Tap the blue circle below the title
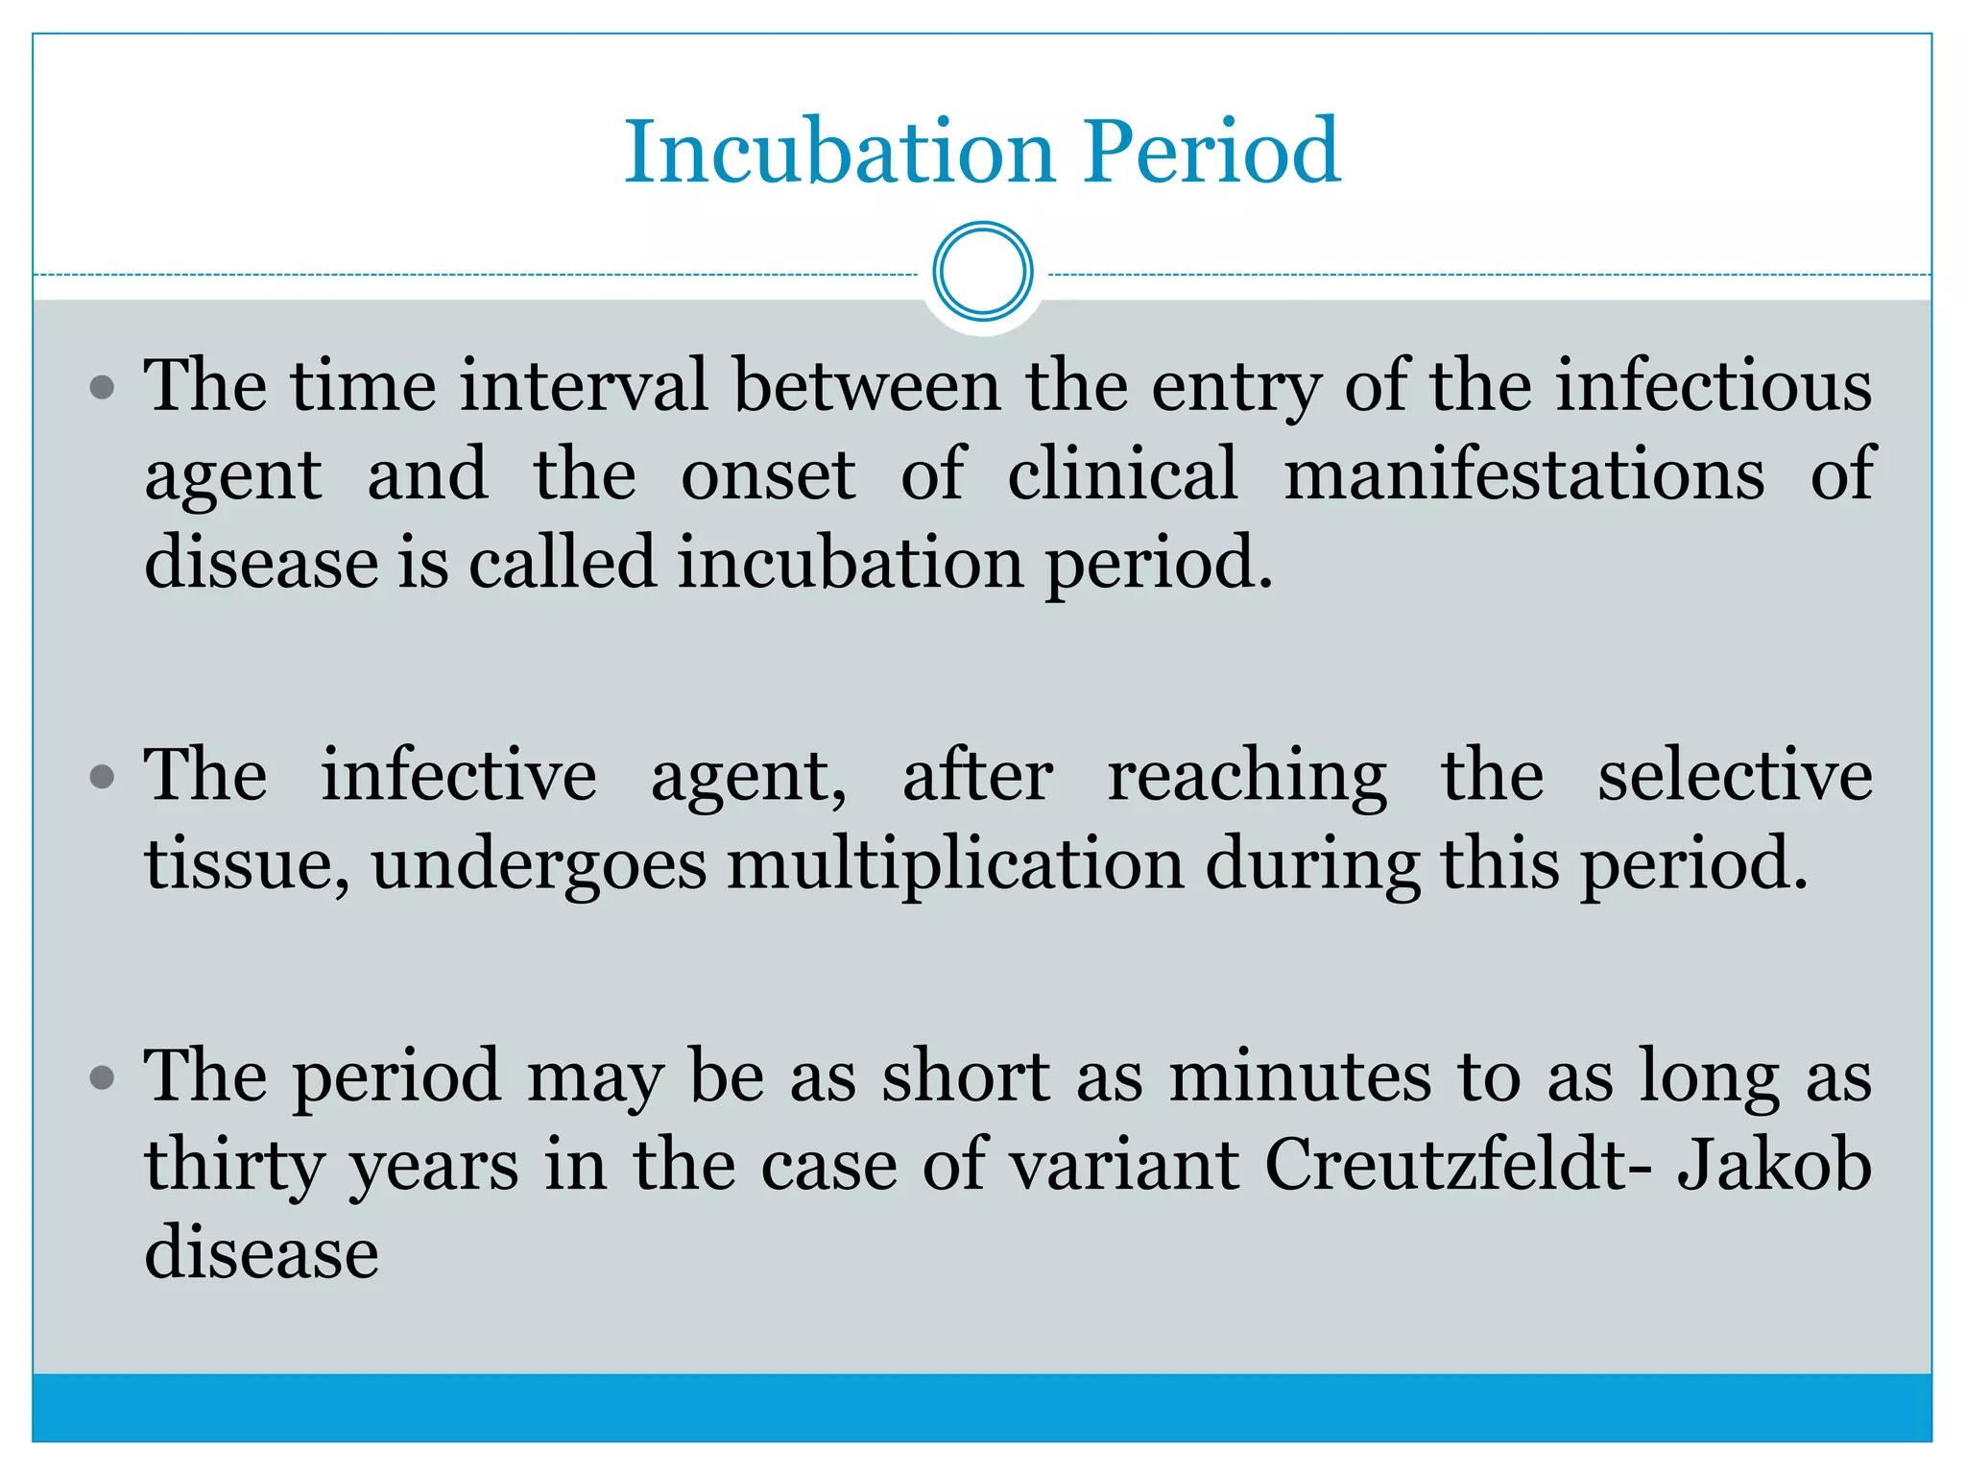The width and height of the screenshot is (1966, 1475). tap(982, 272)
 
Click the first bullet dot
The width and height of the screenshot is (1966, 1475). tap(102, 389)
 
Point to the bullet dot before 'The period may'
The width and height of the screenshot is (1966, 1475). tap(102, 1077)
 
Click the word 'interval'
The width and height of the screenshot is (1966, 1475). tap(584, 386)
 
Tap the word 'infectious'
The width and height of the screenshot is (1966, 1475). tap(1714, 386)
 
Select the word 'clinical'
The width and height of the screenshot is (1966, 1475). tap(1122, 474)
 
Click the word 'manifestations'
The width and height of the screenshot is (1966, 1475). tap(1524, 474)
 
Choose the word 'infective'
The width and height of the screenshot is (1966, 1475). tap(458, 775)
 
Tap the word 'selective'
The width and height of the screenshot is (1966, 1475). tap(1735, 775)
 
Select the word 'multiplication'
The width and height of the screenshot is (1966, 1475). tap(955, 864)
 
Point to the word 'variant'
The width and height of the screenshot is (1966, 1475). tap(1124, 1165)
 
